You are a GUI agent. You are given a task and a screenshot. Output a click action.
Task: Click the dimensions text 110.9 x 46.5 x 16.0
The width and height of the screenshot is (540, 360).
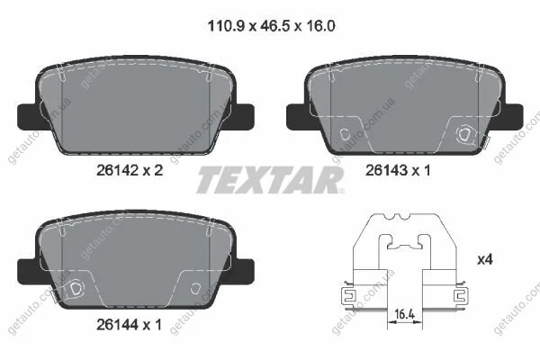coord(272,26)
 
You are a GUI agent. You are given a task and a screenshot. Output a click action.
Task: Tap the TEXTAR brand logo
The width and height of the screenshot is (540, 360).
coord(270,180)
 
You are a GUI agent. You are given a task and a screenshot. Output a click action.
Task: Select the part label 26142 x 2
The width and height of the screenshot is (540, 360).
coord(130,170)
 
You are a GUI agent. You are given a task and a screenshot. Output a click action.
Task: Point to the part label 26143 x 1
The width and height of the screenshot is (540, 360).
coord(398,170)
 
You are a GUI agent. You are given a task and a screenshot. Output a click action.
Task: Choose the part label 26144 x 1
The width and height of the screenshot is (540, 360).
coord(129,325)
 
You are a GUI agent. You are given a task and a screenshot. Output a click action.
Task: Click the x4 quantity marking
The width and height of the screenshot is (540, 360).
coord(485,259)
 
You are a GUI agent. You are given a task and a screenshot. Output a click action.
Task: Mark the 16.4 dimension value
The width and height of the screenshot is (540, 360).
coord(404,314)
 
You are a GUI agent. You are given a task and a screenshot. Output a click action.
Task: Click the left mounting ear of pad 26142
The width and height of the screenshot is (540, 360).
coord(28,116)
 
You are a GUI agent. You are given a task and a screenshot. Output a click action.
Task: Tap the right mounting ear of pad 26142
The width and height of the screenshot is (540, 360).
coord(243,117)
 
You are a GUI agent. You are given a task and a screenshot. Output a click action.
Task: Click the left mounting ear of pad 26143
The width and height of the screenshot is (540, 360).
coord(297,117)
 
